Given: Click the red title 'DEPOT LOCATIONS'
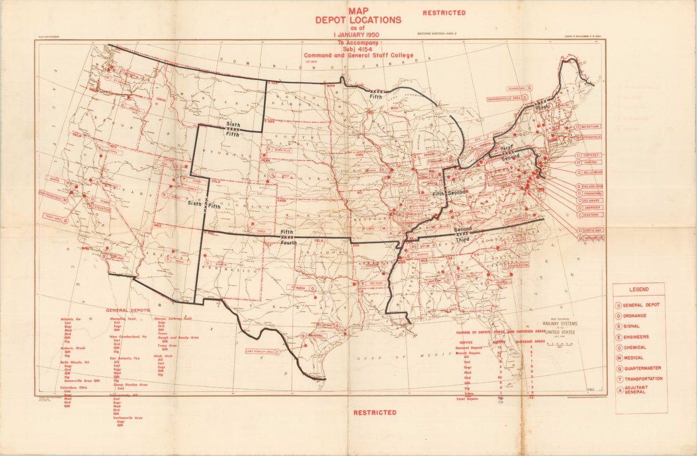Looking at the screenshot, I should (x=358, y=20).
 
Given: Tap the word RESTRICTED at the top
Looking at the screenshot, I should (x=444, y=13).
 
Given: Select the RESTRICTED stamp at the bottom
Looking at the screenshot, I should (x=375, y=412).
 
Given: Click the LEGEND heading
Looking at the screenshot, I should (x=639, y=290).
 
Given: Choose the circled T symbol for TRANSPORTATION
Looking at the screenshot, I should (x=619, y=379).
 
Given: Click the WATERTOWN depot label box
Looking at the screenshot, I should (x=586, y=127).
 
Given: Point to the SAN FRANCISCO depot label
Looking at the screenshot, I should (x=53, y=193).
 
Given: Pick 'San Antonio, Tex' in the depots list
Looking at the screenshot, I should (x=125, y=359).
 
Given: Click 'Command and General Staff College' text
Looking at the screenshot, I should (x=358, y=56).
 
